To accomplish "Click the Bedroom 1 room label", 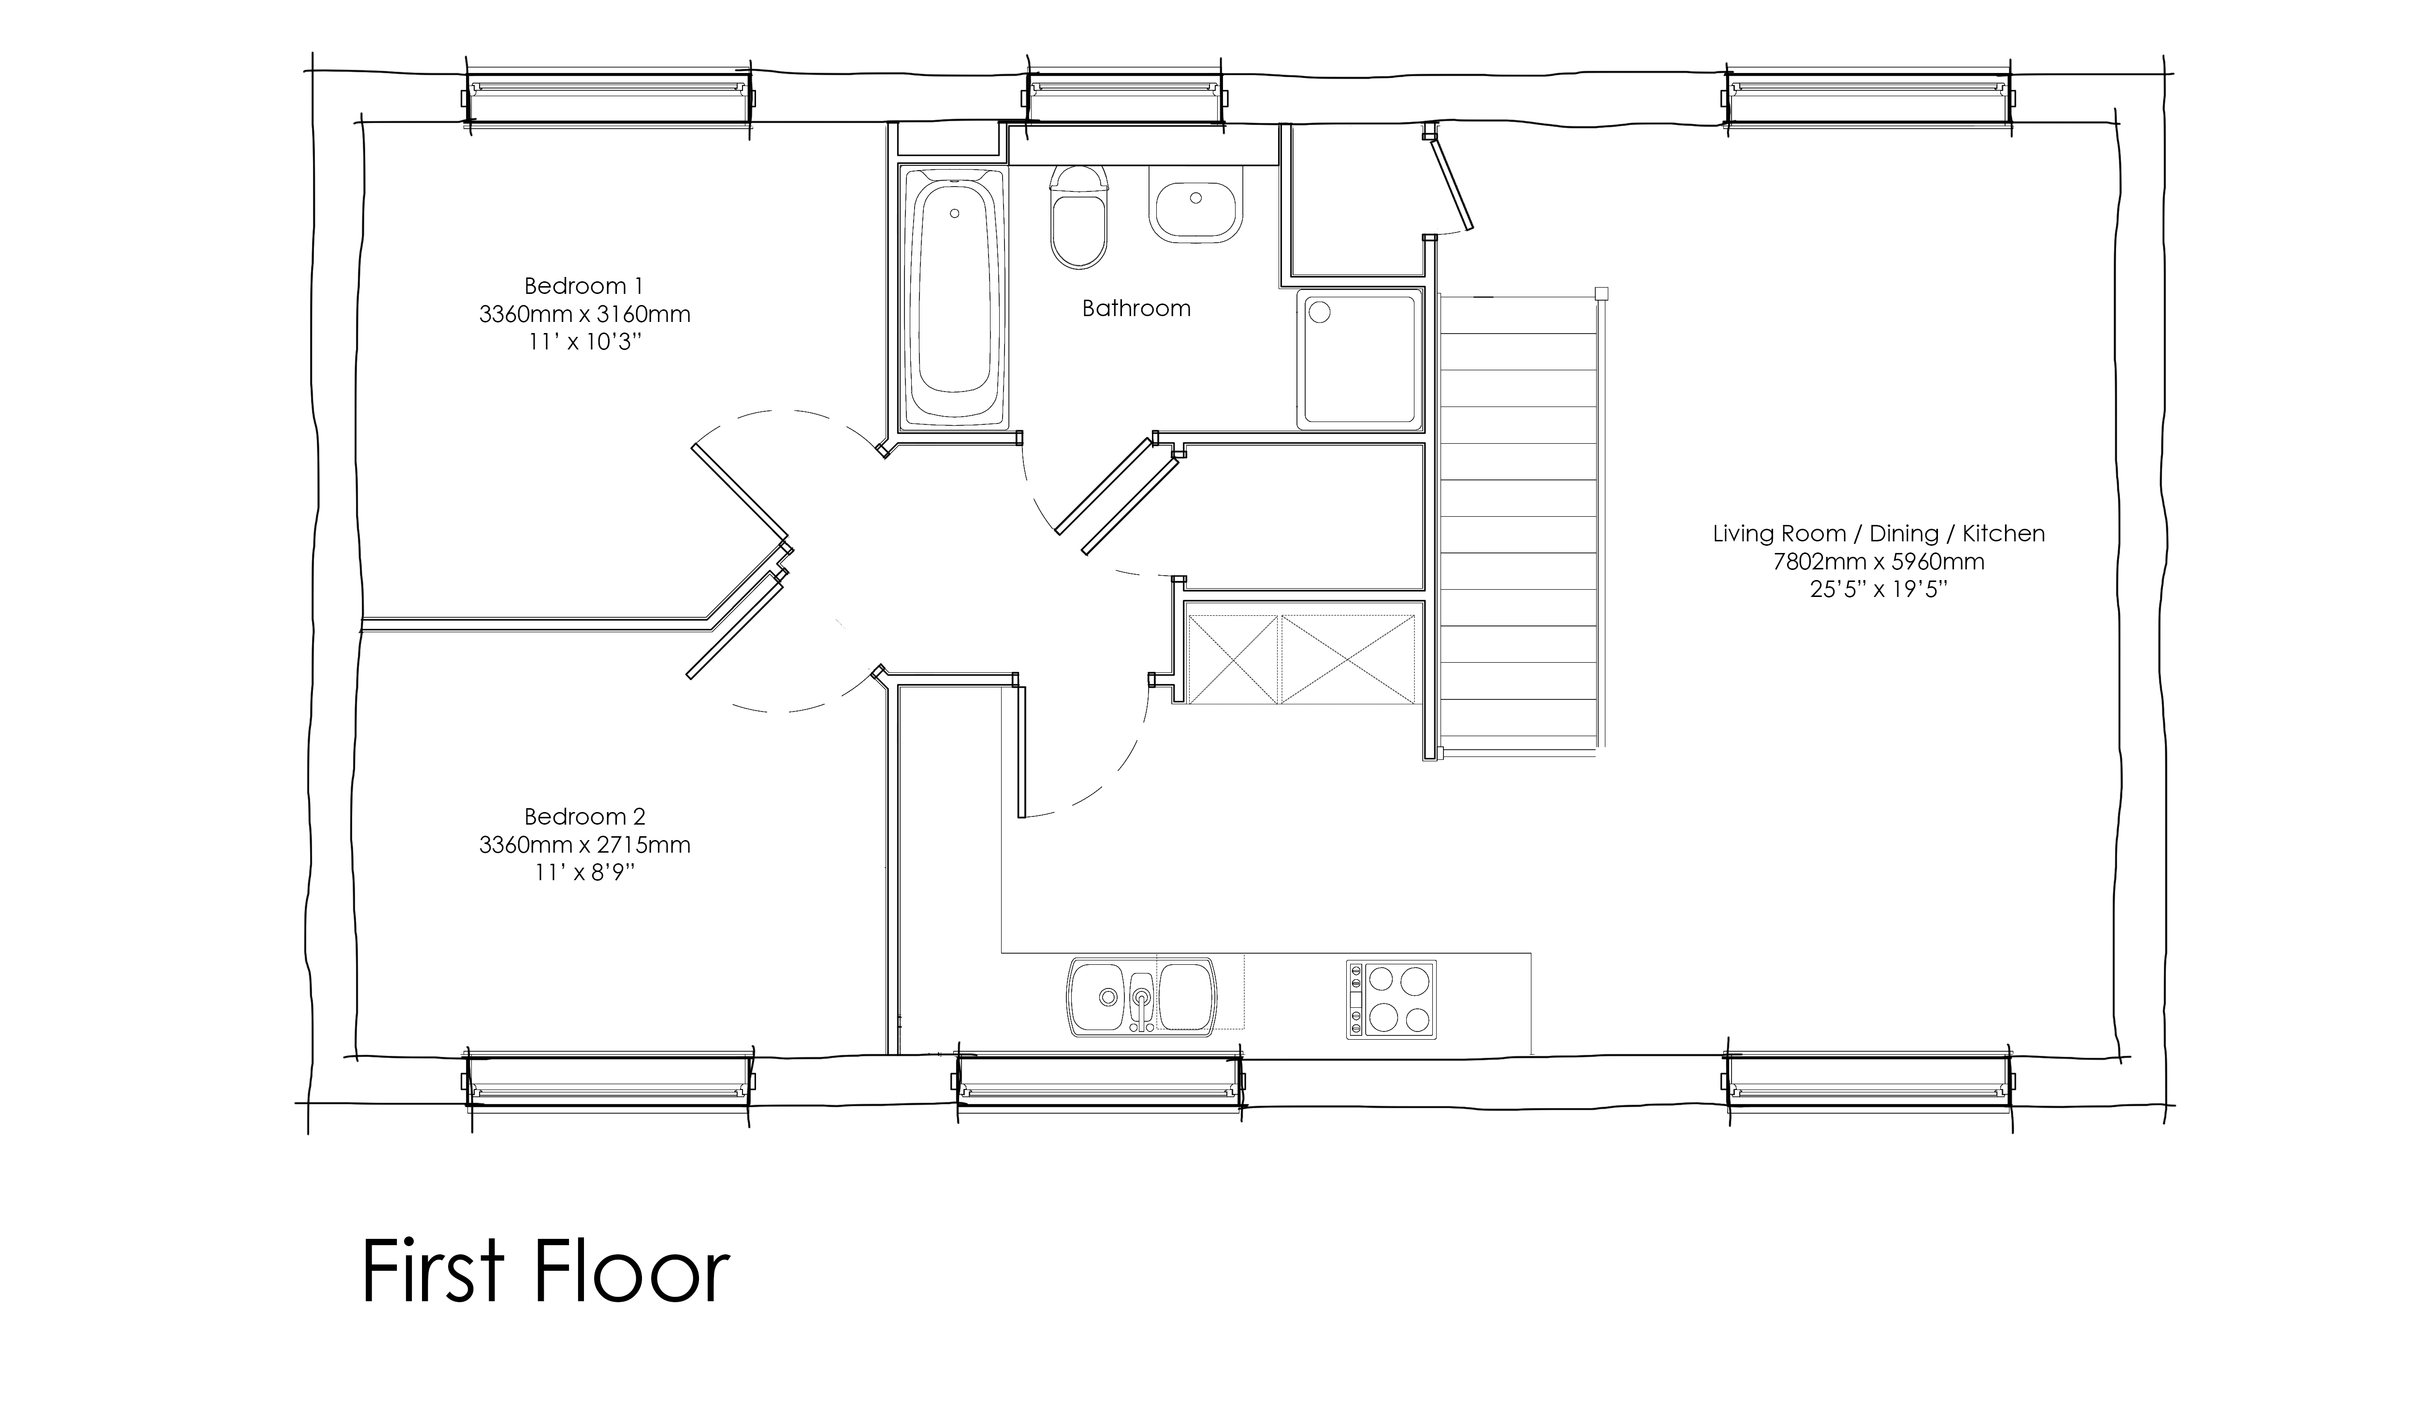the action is (583, 286).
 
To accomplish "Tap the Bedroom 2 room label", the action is (584, 817).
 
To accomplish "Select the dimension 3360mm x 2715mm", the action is (584, 845).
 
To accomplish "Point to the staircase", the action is (1518, 523).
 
